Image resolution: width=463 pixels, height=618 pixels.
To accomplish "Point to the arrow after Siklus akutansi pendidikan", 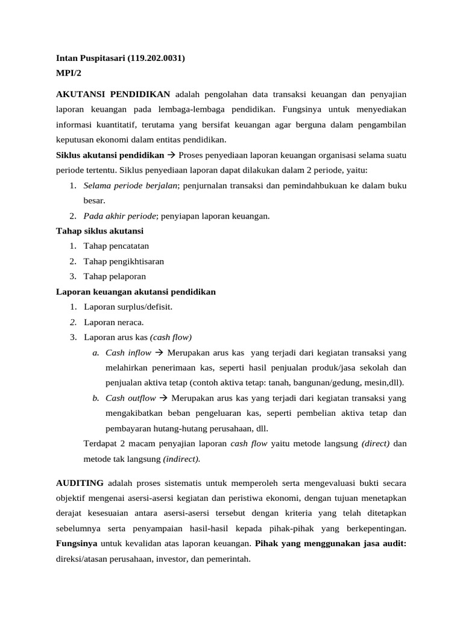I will click(171, 154).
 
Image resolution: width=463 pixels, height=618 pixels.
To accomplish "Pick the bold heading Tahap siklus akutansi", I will click(99, 231).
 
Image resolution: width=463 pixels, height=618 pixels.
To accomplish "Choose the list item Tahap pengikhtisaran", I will click(124, 261).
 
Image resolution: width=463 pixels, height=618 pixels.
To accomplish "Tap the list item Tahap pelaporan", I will click(115, 276).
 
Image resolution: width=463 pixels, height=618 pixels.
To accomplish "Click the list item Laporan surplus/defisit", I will click(128, 307).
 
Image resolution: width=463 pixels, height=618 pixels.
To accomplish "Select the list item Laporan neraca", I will click(113, 322).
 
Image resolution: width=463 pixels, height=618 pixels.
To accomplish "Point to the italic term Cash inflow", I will click(128, 352).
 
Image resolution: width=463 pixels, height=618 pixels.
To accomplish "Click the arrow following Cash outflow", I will click(163, 398).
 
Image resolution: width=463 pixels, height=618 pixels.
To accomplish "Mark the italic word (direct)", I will click(376, 444).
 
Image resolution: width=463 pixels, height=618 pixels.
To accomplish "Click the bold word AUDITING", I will click(80, 483).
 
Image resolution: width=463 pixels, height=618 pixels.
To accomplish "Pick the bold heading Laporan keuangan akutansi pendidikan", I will click(136, 291).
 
